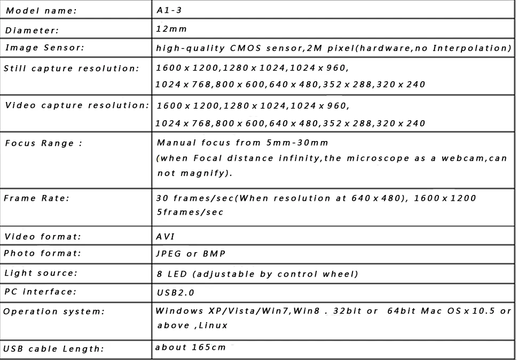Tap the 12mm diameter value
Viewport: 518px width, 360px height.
(x=171, y=28)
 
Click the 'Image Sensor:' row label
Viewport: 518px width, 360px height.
(x=44, y=48)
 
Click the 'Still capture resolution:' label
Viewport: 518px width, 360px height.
(x=71, y=68)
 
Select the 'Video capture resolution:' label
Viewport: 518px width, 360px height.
(x=77, y=105)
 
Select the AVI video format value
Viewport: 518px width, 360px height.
(x=166, y=236)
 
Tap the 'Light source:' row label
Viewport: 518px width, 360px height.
(x=41, y=273)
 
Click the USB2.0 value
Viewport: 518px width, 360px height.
(x=176, y=293)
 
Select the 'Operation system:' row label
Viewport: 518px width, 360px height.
(x=53, y=311)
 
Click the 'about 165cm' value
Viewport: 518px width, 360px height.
(x=190, y=347)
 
